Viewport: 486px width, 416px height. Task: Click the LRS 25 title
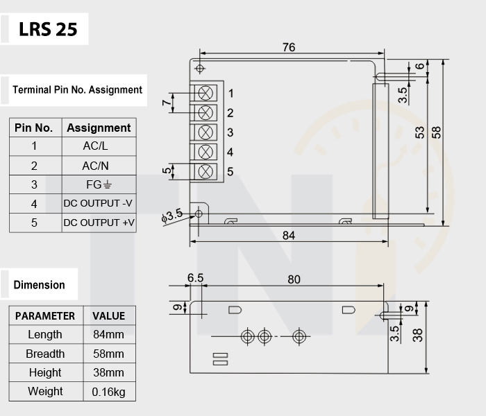(x=48, y=29)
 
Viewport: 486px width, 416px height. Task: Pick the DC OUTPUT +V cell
(x=99, y=223)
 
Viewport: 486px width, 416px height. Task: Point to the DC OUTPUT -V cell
(x=98, y=203)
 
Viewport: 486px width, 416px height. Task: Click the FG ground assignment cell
(x=99, y=185)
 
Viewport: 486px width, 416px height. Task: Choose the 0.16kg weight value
(x=109, y=392)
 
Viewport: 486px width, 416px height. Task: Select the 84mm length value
(x=108, y=335)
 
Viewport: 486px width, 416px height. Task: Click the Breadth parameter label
(x=45, y=354)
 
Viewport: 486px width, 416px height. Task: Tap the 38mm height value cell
(x=108, y=373)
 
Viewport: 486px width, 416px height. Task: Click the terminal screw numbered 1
(x=206, y=93)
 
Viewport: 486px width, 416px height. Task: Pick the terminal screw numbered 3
(x=206, y=132)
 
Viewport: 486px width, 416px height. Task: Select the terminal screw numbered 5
(x=206, y=171)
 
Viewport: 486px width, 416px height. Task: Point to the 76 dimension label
(x=289, y=47)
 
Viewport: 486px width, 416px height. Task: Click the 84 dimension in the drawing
(x=289, y=236)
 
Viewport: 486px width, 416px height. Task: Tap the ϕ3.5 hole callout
(x=172, y=216)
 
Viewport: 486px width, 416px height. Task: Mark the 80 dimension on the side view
(x=294, y=279)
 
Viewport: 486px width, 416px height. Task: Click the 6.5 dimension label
(x=195, y=278)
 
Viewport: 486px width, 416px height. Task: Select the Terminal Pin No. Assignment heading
(x=77, y=90)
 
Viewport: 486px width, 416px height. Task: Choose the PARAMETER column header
(x=45, y=316)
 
